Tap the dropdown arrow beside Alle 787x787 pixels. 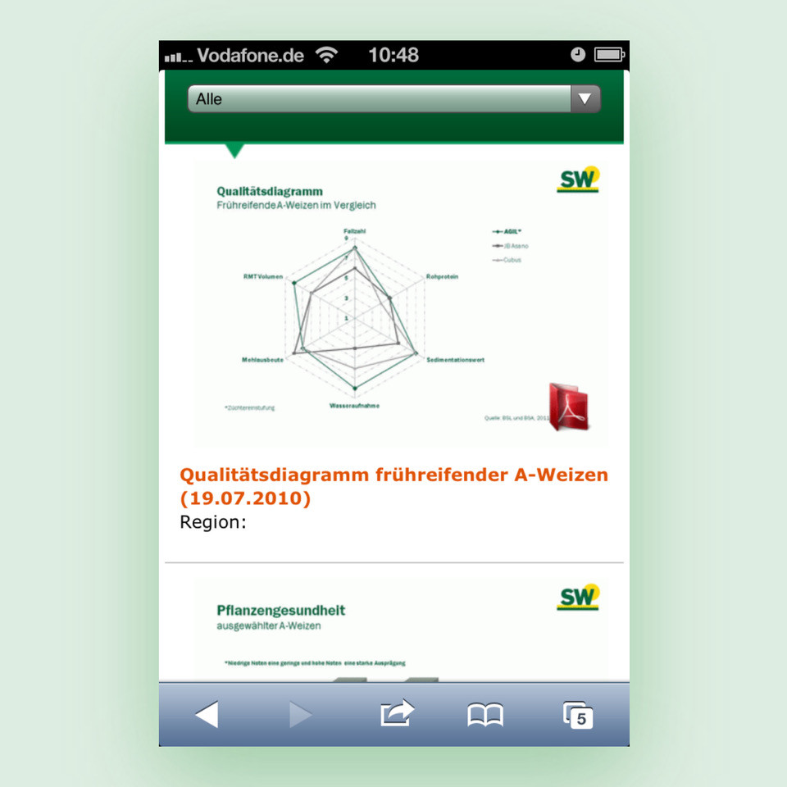[x=585, y=99]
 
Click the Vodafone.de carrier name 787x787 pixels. [x=250, y=56]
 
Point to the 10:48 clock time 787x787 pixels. [x=393, y=56]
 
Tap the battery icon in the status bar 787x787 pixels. [x=609, y=56]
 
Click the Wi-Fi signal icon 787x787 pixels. [x=327, y=56]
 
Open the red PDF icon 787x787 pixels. [x=568, y=406]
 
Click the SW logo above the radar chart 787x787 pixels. [x=578, y=180]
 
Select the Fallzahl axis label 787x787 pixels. [x=354, y=232]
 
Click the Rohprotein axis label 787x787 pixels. [x=442, y=277]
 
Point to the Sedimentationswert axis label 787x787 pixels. [x=455, y=360]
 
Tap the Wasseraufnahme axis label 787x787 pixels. [x=354, y=406]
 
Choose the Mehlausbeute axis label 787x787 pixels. [x=263, y=360]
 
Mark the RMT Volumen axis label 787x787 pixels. [x=263, y=277]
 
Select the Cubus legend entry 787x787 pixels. [x=510, y=260]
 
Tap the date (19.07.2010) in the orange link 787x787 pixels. [x=245, y=498]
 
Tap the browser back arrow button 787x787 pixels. [x=207, y=715]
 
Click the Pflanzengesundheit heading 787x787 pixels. [x=280, y=611]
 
